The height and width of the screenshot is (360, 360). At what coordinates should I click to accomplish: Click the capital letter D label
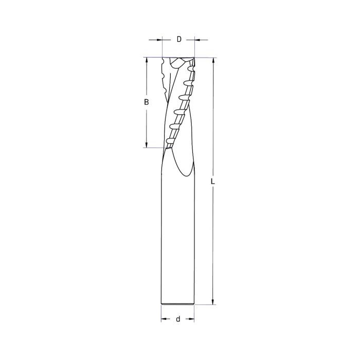click(178, 39)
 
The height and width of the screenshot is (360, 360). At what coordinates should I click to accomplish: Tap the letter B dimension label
click(147, 102)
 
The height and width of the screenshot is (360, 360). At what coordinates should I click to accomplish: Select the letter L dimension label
click(212, 182)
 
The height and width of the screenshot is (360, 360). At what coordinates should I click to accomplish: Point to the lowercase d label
click(178, 319)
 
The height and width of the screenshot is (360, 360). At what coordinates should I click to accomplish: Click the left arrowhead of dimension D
click(159, 39)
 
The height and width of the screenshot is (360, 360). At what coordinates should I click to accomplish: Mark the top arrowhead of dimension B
click(147, 60)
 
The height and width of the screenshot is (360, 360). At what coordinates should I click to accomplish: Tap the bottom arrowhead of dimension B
click(147, 145)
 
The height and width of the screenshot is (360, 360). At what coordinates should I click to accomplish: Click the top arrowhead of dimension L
click(212, 60)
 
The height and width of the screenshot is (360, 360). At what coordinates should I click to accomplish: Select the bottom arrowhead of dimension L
click(212, 302)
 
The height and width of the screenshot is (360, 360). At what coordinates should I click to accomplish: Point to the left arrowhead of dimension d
click(164, 319)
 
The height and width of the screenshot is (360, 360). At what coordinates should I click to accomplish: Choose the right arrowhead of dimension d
click(192, 319)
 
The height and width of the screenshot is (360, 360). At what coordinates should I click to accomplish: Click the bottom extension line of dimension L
click(206, 305)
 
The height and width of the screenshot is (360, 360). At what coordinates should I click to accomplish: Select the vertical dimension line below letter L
click(212, 242)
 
